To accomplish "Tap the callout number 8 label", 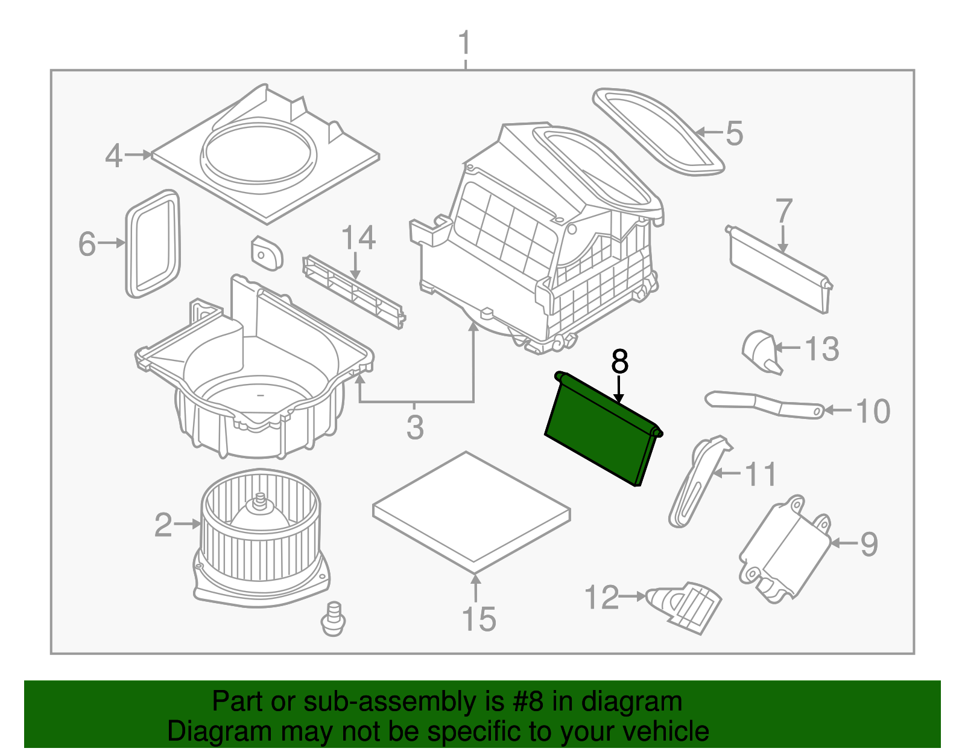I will coord(619,362).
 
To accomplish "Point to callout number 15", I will coord(478,619).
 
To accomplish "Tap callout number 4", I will coord(113,156).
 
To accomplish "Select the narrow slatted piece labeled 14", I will coord(353,292).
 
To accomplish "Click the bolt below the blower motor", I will coord(333,618).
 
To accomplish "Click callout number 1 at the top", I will coord(464,43).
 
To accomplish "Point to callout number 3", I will coord(415,427).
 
